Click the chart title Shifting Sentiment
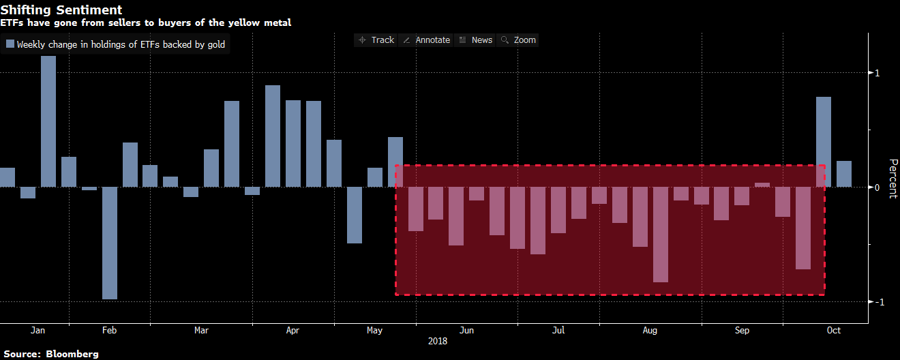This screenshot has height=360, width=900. (61, 10)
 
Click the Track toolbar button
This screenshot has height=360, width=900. (376, 40)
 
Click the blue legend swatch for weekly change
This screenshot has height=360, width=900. (10, 45)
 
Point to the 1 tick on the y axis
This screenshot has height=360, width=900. (877, 73)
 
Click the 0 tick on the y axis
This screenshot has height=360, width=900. (877, 187)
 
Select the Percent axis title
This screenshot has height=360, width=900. (892, 179)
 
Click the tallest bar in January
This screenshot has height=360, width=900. (48, 121)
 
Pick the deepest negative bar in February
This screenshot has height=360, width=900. (110, 243)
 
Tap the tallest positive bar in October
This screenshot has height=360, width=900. (824, 142)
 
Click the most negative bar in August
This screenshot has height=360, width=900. (661, 235)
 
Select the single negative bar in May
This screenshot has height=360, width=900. (355, 215)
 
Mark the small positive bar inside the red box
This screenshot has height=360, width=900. (762, 185)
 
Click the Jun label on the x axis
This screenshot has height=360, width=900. (467, 331)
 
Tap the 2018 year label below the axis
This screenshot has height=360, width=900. (438, 341)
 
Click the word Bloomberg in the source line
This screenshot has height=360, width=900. (73, 354)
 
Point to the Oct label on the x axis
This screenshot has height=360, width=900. (833, 331)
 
